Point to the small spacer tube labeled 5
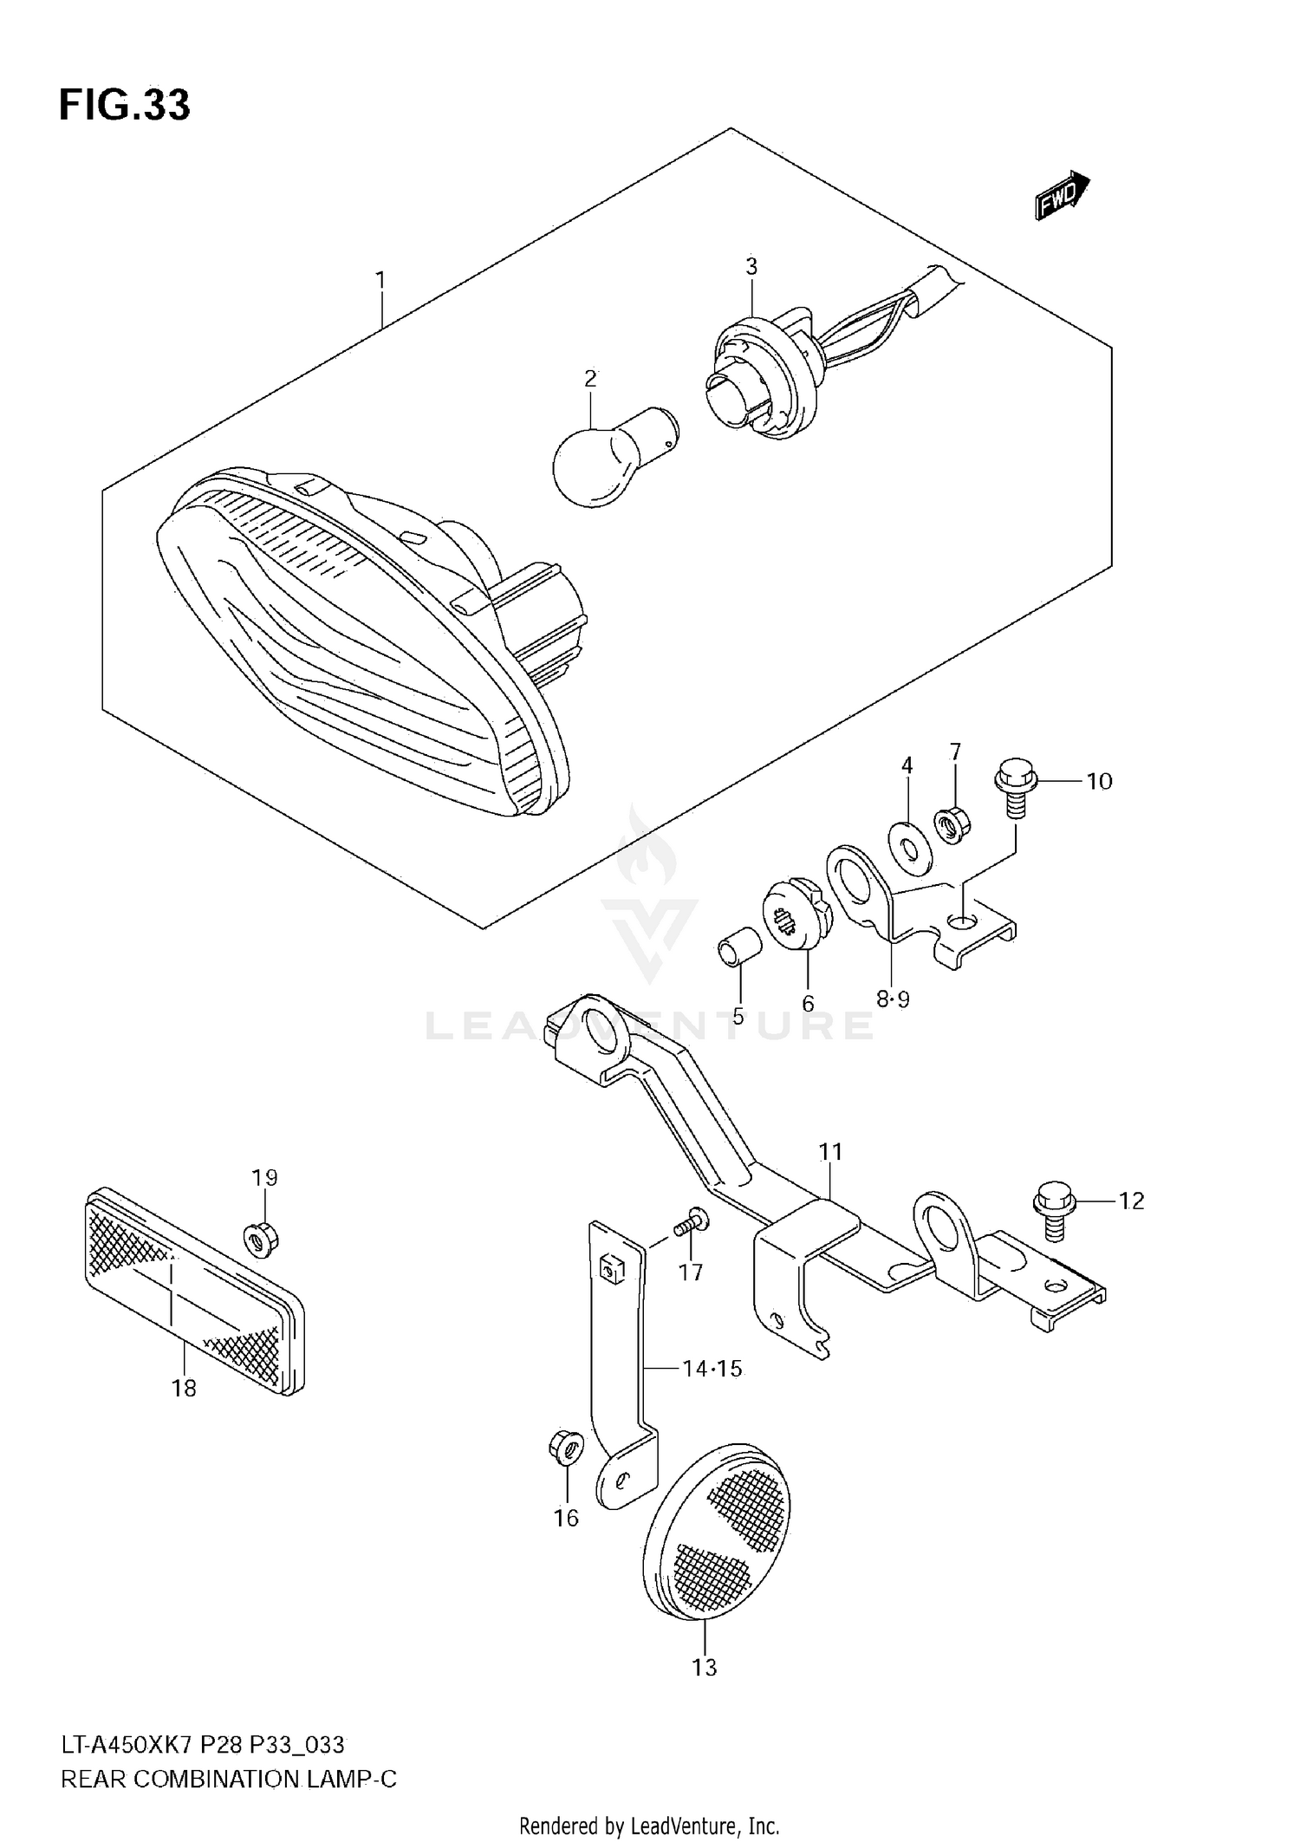[738, 946]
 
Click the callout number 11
[830, 1152]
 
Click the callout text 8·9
[893, 999]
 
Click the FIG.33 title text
[125, 105]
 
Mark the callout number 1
[380, 280]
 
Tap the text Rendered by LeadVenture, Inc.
[649, 1826]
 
